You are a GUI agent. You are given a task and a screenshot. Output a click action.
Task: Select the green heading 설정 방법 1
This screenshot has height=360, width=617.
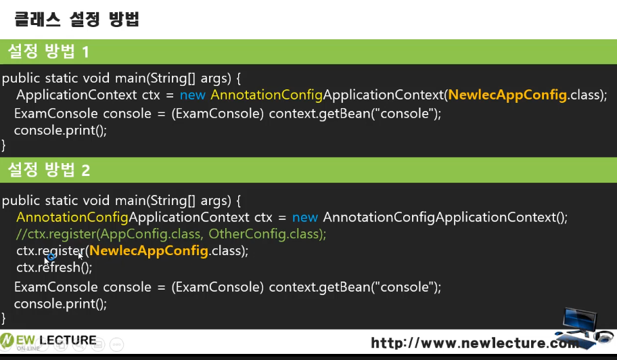[49, 51]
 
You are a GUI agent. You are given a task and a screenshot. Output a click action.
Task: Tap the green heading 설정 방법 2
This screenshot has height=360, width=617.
[49, 170]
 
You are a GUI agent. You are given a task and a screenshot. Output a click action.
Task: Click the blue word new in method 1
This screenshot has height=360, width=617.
[193, 95]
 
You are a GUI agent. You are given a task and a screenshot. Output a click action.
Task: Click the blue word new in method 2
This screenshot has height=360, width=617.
[305, 217]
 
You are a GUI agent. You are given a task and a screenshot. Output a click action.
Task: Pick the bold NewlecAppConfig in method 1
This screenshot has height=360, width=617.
[507, 95]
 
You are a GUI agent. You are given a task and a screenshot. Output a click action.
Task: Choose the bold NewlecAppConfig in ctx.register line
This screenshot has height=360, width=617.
[149, 251]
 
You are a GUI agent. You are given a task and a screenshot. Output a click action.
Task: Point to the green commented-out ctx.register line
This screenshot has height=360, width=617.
[171, 234]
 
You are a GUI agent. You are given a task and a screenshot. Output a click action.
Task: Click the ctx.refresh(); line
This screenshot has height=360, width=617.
[54, 267]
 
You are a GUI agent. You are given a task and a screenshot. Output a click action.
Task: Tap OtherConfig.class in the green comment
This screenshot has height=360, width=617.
[267, 234]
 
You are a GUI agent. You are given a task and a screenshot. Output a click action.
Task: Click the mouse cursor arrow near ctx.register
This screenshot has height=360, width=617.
[81, 255]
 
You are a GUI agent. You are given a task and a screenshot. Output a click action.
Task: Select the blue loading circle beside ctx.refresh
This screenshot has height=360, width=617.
[51, 257]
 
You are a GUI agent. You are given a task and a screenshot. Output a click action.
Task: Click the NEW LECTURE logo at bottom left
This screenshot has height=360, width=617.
[49, 340]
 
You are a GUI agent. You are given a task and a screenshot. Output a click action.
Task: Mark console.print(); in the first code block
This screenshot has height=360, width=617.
[60, 130]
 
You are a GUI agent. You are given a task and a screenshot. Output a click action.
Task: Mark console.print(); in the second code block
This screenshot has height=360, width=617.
[60, 304]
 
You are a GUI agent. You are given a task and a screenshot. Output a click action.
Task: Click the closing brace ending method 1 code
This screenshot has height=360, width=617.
[4, 145]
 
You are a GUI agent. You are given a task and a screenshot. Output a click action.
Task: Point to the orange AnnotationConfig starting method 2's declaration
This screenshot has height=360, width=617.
[72, 217]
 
